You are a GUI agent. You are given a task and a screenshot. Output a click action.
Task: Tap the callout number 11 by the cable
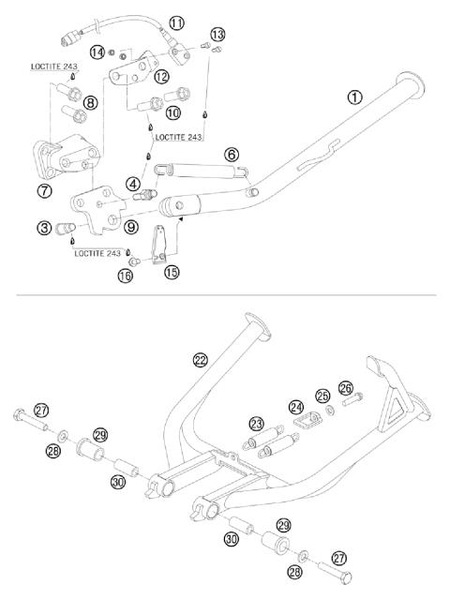coord(176,21)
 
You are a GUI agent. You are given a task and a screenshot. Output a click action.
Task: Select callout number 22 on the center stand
coord(200,359)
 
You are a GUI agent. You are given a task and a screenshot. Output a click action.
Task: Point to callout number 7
coord(43,191)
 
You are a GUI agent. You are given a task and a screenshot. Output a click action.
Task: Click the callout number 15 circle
coord(171,272)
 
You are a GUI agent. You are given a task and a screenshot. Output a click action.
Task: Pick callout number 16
coord(125,276)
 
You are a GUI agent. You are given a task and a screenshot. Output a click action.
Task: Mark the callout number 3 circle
coord(44,227)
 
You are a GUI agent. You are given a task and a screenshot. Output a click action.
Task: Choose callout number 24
coord(297,406)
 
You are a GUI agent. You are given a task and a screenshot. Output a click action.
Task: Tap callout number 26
coord(346,388)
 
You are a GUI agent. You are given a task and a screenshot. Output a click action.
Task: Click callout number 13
coord(217,35)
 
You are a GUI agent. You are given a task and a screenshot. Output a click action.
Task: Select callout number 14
coord(97,52)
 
